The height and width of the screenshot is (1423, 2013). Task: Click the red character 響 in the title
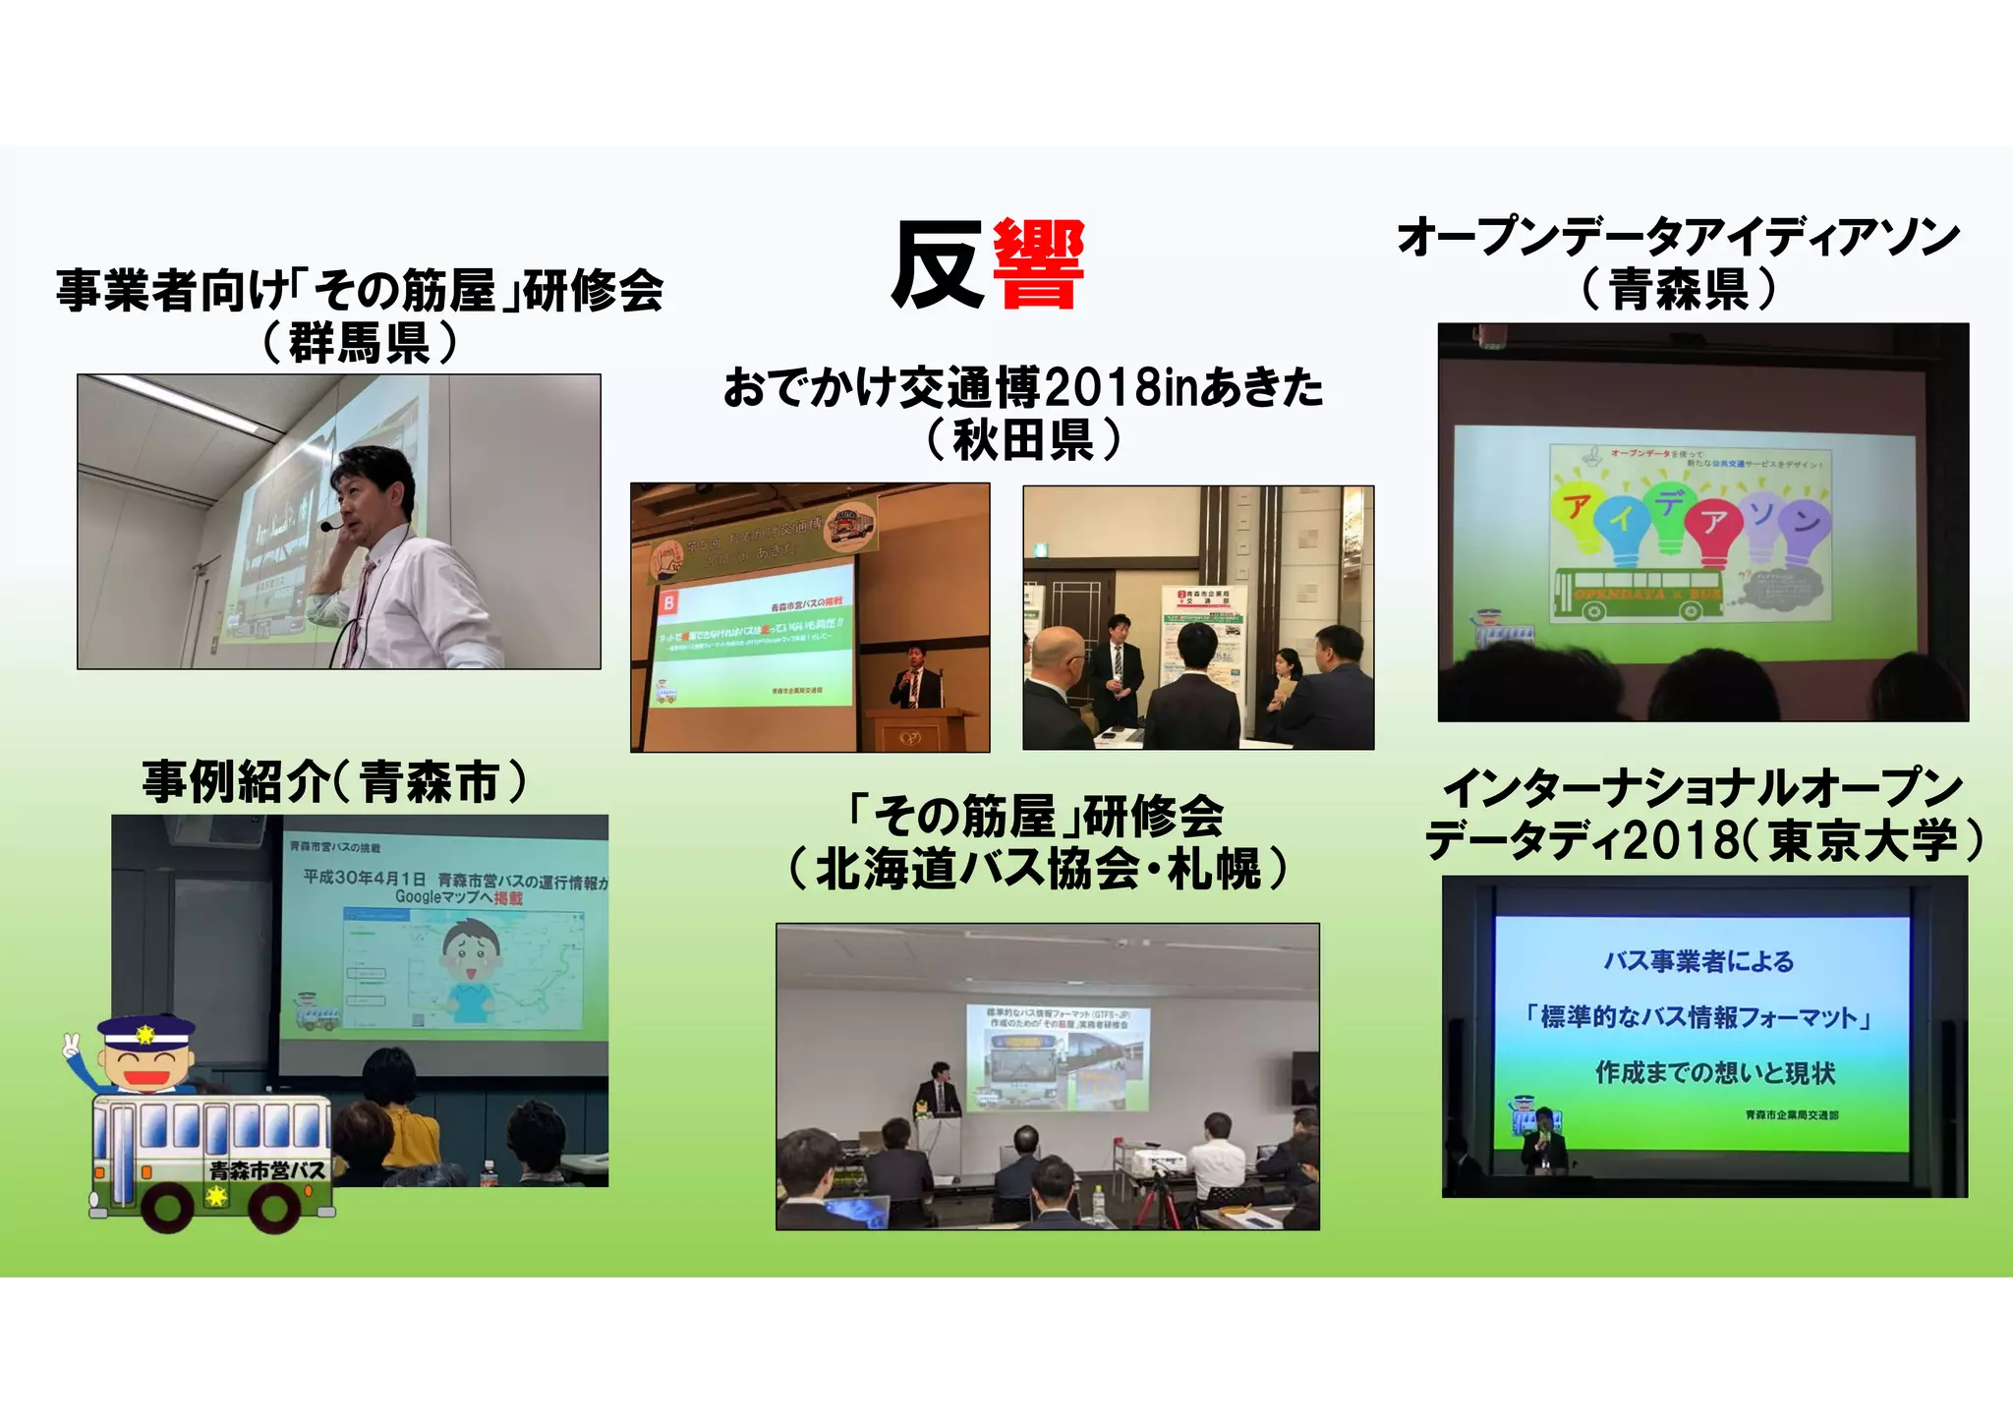tap(1038, 264)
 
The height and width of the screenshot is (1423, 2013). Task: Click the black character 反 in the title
tap(938, 264)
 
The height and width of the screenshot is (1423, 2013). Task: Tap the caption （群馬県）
tap(360, 343)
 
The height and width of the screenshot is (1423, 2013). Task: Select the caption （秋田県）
tap(1023, 439)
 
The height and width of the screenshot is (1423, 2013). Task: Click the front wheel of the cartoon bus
tap(276, 1207)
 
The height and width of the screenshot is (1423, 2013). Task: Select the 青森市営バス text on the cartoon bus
tap(266, 1170)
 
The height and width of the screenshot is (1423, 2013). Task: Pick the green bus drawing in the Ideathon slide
tap(1638, 595)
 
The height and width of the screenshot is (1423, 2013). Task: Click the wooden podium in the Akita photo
tap(920, 729)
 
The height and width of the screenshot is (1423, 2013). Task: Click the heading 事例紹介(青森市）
tap(334, 783)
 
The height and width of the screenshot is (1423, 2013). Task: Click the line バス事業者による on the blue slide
tap(1699, 961)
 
